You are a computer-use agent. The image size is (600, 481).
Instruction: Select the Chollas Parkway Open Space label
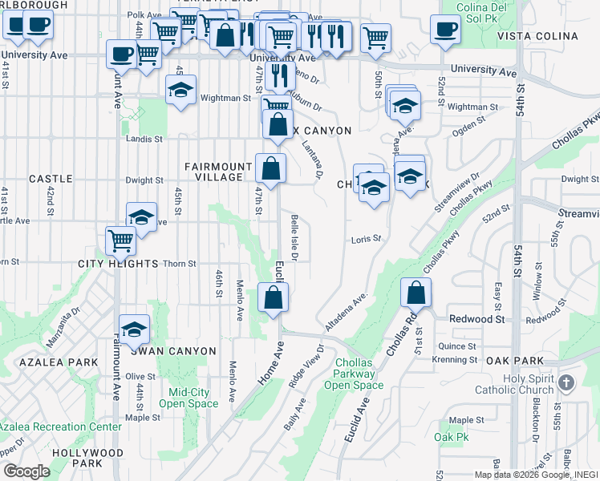tap(354, 374)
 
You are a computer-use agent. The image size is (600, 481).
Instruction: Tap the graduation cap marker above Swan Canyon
tap(134, 328)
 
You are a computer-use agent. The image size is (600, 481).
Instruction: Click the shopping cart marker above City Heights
tap(120, 240)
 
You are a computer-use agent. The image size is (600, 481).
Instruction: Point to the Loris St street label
tap(366, 239)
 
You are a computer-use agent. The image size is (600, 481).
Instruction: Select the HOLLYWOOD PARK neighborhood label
tap(87, 458)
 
